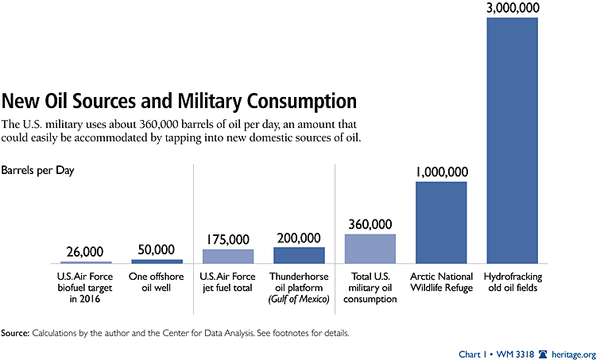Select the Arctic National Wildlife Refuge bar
pos(441,223)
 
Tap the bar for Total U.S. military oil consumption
pos(370,249)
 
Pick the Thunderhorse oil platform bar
pos(299,255)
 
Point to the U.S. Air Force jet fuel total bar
pos(228,256)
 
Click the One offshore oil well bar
pos(157,261)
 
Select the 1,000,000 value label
pos(441,171)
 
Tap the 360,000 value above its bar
pos(370,223)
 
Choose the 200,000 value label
pos(299,237)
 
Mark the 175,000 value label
pos(228,238)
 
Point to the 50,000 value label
pos(157,249)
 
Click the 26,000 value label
pos(86,250)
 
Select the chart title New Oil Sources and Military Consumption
pos(179,101)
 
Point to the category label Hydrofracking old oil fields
pos(513,281)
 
